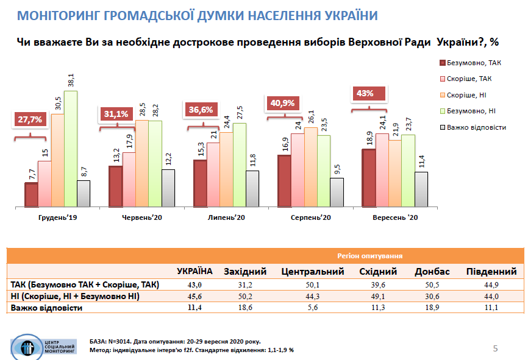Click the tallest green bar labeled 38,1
click(71, 148)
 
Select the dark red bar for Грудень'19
click(31, 194)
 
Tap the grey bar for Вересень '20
click(421, 189)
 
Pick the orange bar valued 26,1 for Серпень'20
click(311, 167)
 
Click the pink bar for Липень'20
click(213, 174)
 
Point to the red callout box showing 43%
click(365, 94)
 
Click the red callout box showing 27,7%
click(29, 119)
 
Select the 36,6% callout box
click(201, 110)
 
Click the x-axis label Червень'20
click(143, 217)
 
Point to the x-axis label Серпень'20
click(310, 217)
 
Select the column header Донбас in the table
click(432, 272)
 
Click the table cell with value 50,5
click(432, 284)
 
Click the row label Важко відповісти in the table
click(46, 308)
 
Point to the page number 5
click(495, 348)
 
